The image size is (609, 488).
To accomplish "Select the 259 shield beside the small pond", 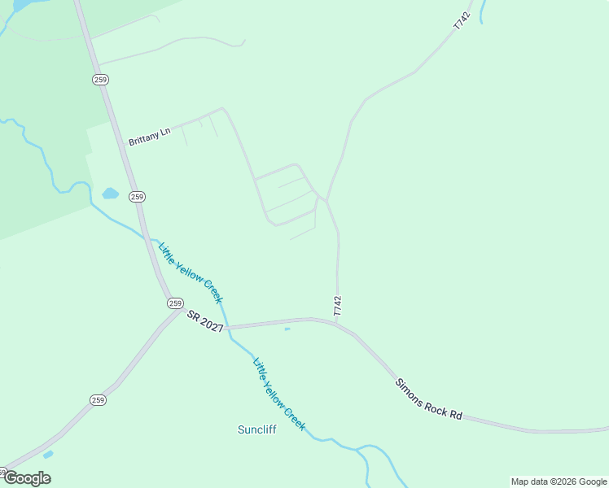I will coord(137,197).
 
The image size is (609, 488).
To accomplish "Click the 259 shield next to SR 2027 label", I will coord(175,303).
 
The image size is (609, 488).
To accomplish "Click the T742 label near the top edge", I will coord(462,21).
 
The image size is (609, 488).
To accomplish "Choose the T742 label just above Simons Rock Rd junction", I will coord(337,306).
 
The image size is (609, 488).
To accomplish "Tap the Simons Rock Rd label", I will coord(428,399).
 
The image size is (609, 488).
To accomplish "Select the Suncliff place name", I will coord(256,429).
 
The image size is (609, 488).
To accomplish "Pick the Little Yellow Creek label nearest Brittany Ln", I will coord(191,272).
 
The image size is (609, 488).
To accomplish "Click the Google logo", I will coord(26,478).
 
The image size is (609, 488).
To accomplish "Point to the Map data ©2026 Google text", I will coord(559,481).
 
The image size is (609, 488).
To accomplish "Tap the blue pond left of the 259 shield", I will coord(110,194).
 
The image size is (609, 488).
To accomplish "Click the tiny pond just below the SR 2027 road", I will coord(287,329).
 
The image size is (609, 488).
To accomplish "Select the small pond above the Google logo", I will coord(48,454).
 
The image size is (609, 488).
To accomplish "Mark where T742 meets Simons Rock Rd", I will coord(336,322).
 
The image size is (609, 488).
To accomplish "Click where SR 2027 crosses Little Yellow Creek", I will coord(227,327).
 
